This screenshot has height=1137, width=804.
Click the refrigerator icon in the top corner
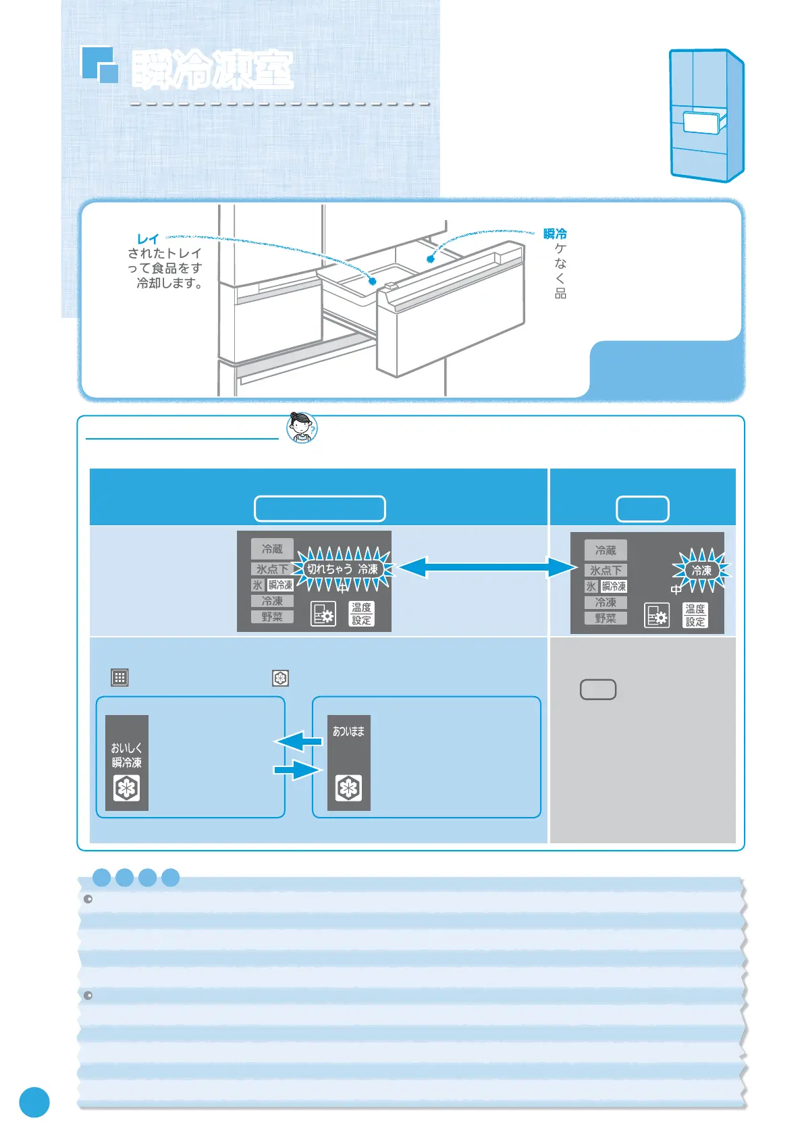click(706, 115)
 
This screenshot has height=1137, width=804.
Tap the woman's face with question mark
click(301, 427)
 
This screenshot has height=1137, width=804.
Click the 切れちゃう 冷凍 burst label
click(342, 569)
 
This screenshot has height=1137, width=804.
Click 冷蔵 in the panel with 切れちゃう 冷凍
click(272, 549)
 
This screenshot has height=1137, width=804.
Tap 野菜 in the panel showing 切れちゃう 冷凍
click(272, 616)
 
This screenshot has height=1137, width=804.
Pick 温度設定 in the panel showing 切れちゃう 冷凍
click(361, 614)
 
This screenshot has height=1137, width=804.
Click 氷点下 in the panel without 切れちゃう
click(606, 571)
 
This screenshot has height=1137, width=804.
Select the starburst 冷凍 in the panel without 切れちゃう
click(701, 571)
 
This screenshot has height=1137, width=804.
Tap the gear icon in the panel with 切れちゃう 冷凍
click(323, 614)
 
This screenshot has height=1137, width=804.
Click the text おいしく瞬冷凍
click(127, 755)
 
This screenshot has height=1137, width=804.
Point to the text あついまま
click(348, 731)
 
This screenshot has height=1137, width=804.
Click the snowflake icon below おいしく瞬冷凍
click(127, 788)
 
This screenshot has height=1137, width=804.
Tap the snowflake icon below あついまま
click(348, 788)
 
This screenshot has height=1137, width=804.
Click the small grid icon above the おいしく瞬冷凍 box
click(119, 677)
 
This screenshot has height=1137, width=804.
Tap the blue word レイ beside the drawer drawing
click(148, 239)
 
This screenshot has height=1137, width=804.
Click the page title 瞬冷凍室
click(212, 70)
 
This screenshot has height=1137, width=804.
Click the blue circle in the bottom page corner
click(34, 1102)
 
